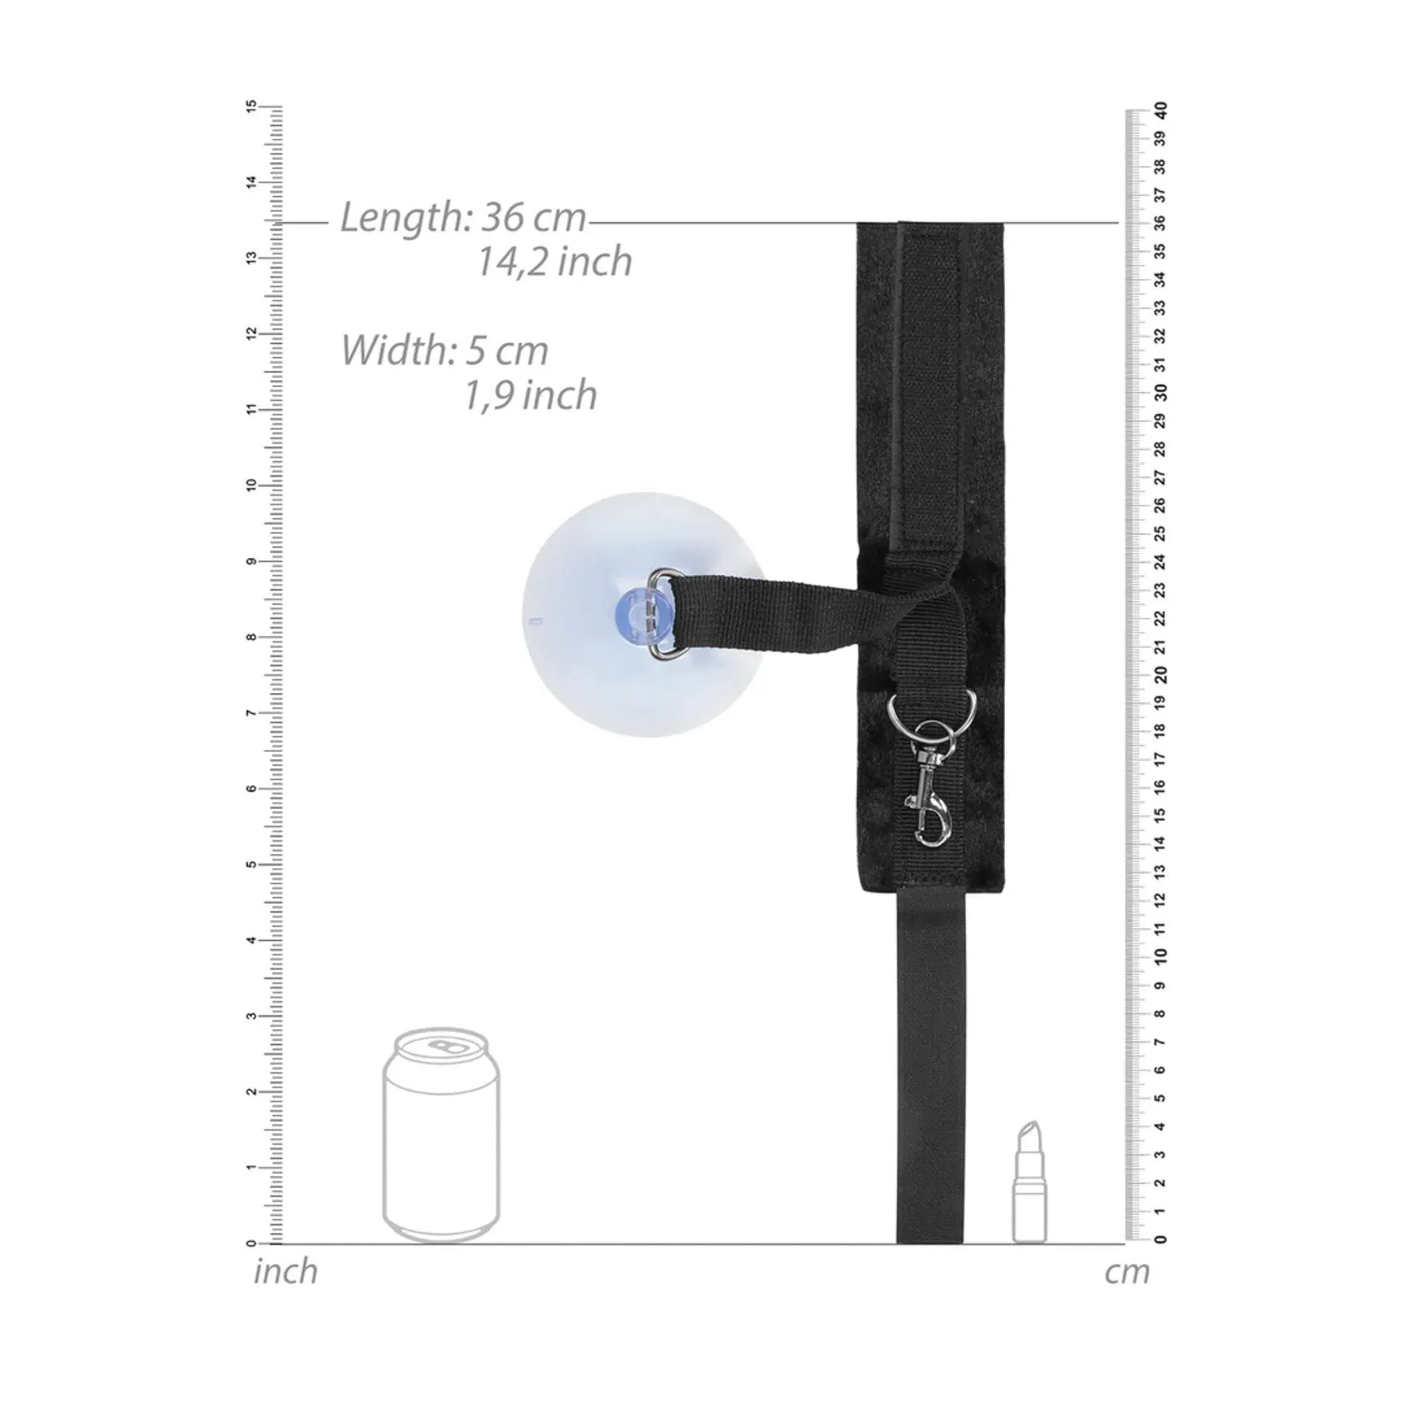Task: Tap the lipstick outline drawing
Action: (1029, 1181)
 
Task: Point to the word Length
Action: (401, 218)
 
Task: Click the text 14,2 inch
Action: (555, 261)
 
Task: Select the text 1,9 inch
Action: (530, 395)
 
